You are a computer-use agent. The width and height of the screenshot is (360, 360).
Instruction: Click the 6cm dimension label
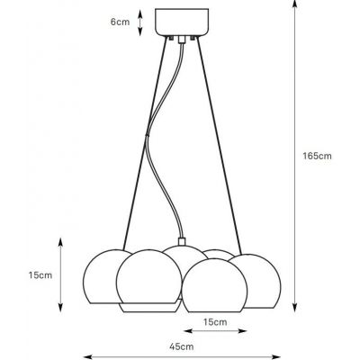(x=118, y=22)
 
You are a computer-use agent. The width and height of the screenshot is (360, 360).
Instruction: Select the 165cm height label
(x=318, y=156)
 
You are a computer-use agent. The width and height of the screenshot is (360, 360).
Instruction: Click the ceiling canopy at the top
(x=181, y=22)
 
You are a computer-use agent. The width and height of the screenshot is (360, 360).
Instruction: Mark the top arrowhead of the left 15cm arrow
(x=60, y=241)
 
